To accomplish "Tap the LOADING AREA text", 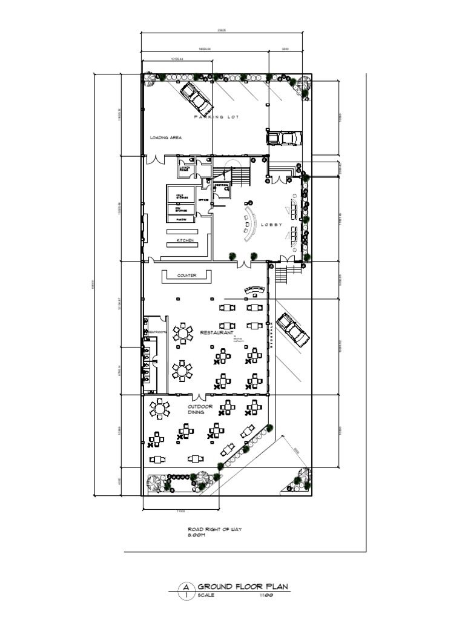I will (x=166, y=137).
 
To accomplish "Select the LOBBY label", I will (x=272, y=224).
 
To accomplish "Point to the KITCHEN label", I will (x=185, y=240).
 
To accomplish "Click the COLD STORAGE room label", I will (x=181, y=197).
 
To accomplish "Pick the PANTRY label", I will (x=181, y=219).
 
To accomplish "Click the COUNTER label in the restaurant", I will (x=186, y=275).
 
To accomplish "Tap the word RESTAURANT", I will (x=219, y=333).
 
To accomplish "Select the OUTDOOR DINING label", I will (x=200, y=409).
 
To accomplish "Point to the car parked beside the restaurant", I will (x=292, y=330).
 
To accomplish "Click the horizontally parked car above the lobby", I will (x=283, y=138).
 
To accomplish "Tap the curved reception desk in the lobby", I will (x=249, y=222).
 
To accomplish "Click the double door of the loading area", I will (x=156, y=160).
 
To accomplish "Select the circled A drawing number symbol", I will (x=186, y=590).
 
